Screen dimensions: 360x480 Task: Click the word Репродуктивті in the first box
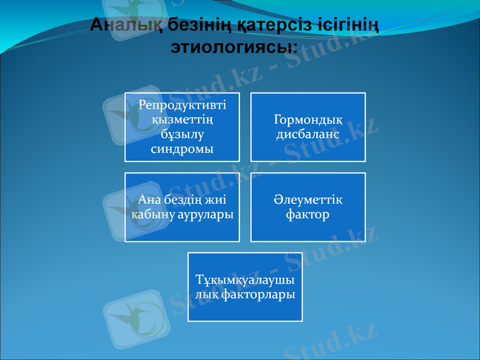pyautogui.click(x=182, y=104)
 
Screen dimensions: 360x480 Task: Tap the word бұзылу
pyautogui.click(x=182, y=133)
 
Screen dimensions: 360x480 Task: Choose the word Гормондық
pyautogui.click(x=308, y=119)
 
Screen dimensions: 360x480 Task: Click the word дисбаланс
pyautogui.click(x=308, y=134)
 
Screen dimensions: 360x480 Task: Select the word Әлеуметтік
pyautogui.click(x=308, y=199)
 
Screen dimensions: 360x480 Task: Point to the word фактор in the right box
pyautogui.click(x=308, y=214)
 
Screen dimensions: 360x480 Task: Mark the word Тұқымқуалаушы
pyautogui.click(x=245, y=280)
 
